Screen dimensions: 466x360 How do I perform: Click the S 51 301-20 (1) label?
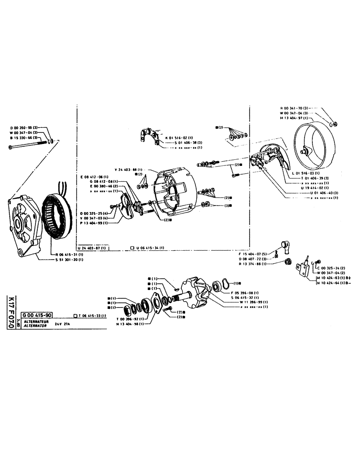pyautogui.click(x=69, y=259)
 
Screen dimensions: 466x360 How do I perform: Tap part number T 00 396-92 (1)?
pyautogui.click(x=132, y=319)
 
